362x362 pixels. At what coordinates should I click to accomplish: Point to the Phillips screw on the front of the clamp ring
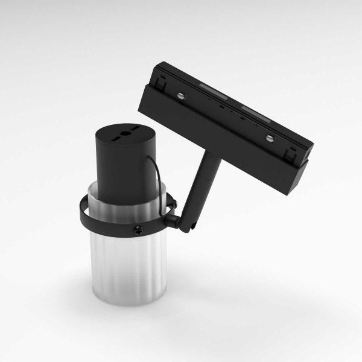point(138,229)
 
